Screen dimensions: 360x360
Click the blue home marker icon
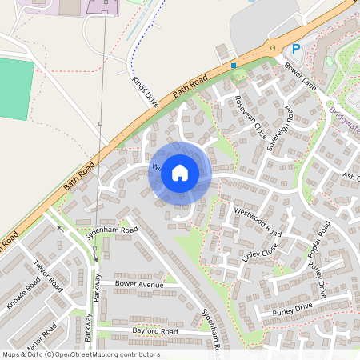point(180,171)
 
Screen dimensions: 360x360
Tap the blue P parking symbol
point(295,49)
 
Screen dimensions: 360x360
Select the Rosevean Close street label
point(250,116)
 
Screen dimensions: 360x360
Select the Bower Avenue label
point(139,284)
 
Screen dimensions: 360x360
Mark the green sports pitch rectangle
point(15,89)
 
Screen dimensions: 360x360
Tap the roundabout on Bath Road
point(274,47)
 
